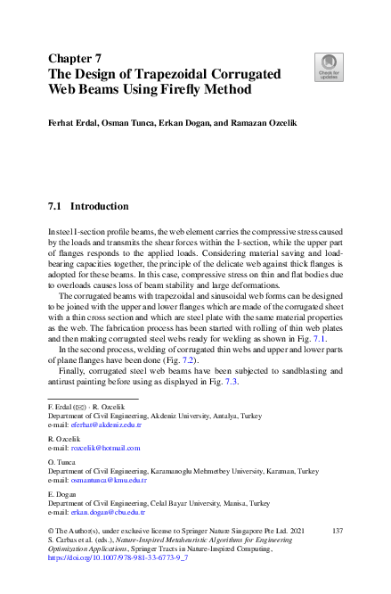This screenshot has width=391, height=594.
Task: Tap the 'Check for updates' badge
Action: point(329,65)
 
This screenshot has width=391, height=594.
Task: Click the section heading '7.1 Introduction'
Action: point(88,206)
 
